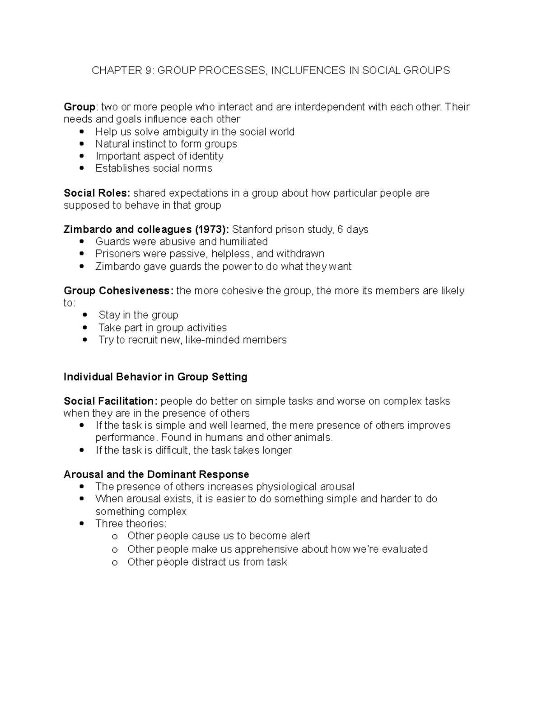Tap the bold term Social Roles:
(97, 193)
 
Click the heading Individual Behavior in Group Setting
(155, 377)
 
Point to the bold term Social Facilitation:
(111, 401)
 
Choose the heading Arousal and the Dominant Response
(156, 474)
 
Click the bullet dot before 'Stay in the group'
(86, 315)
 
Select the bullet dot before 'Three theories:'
(82, 524)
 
